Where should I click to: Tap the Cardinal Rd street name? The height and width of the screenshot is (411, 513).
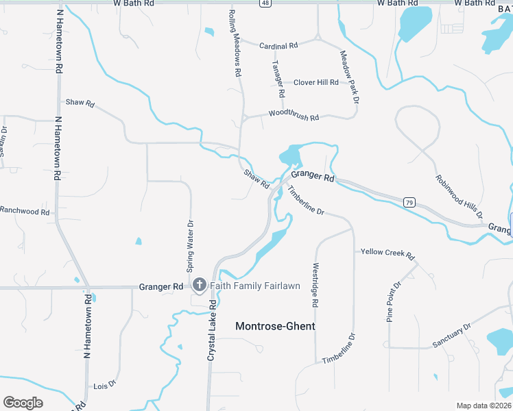278,46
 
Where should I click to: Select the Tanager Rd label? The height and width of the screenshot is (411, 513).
278,78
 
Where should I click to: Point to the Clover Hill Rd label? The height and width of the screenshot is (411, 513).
316,82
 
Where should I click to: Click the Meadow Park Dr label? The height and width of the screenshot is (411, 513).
349,77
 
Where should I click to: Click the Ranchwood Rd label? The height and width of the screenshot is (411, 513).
25,212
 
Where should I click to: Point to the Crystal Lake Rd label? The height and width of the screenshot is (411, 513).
212,331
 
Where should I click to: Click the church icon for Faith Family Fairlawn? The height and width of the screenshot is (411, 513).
200,285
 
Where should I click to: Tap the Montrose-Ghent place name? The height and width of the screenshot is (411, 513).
275,326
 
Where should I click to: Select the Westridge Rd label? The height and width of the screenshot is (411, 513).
315,284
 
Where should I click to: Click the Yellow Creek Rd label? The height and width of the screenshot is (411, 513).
388,253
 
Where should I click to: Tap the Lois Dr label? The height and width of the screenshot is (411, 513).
105,386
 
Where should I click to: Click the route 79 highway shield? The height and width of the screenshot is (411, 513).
409,202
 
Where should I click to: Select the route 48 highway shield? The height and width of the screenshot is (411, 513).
265,3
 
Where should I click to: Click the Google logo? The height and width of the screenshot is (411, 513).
23,403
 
